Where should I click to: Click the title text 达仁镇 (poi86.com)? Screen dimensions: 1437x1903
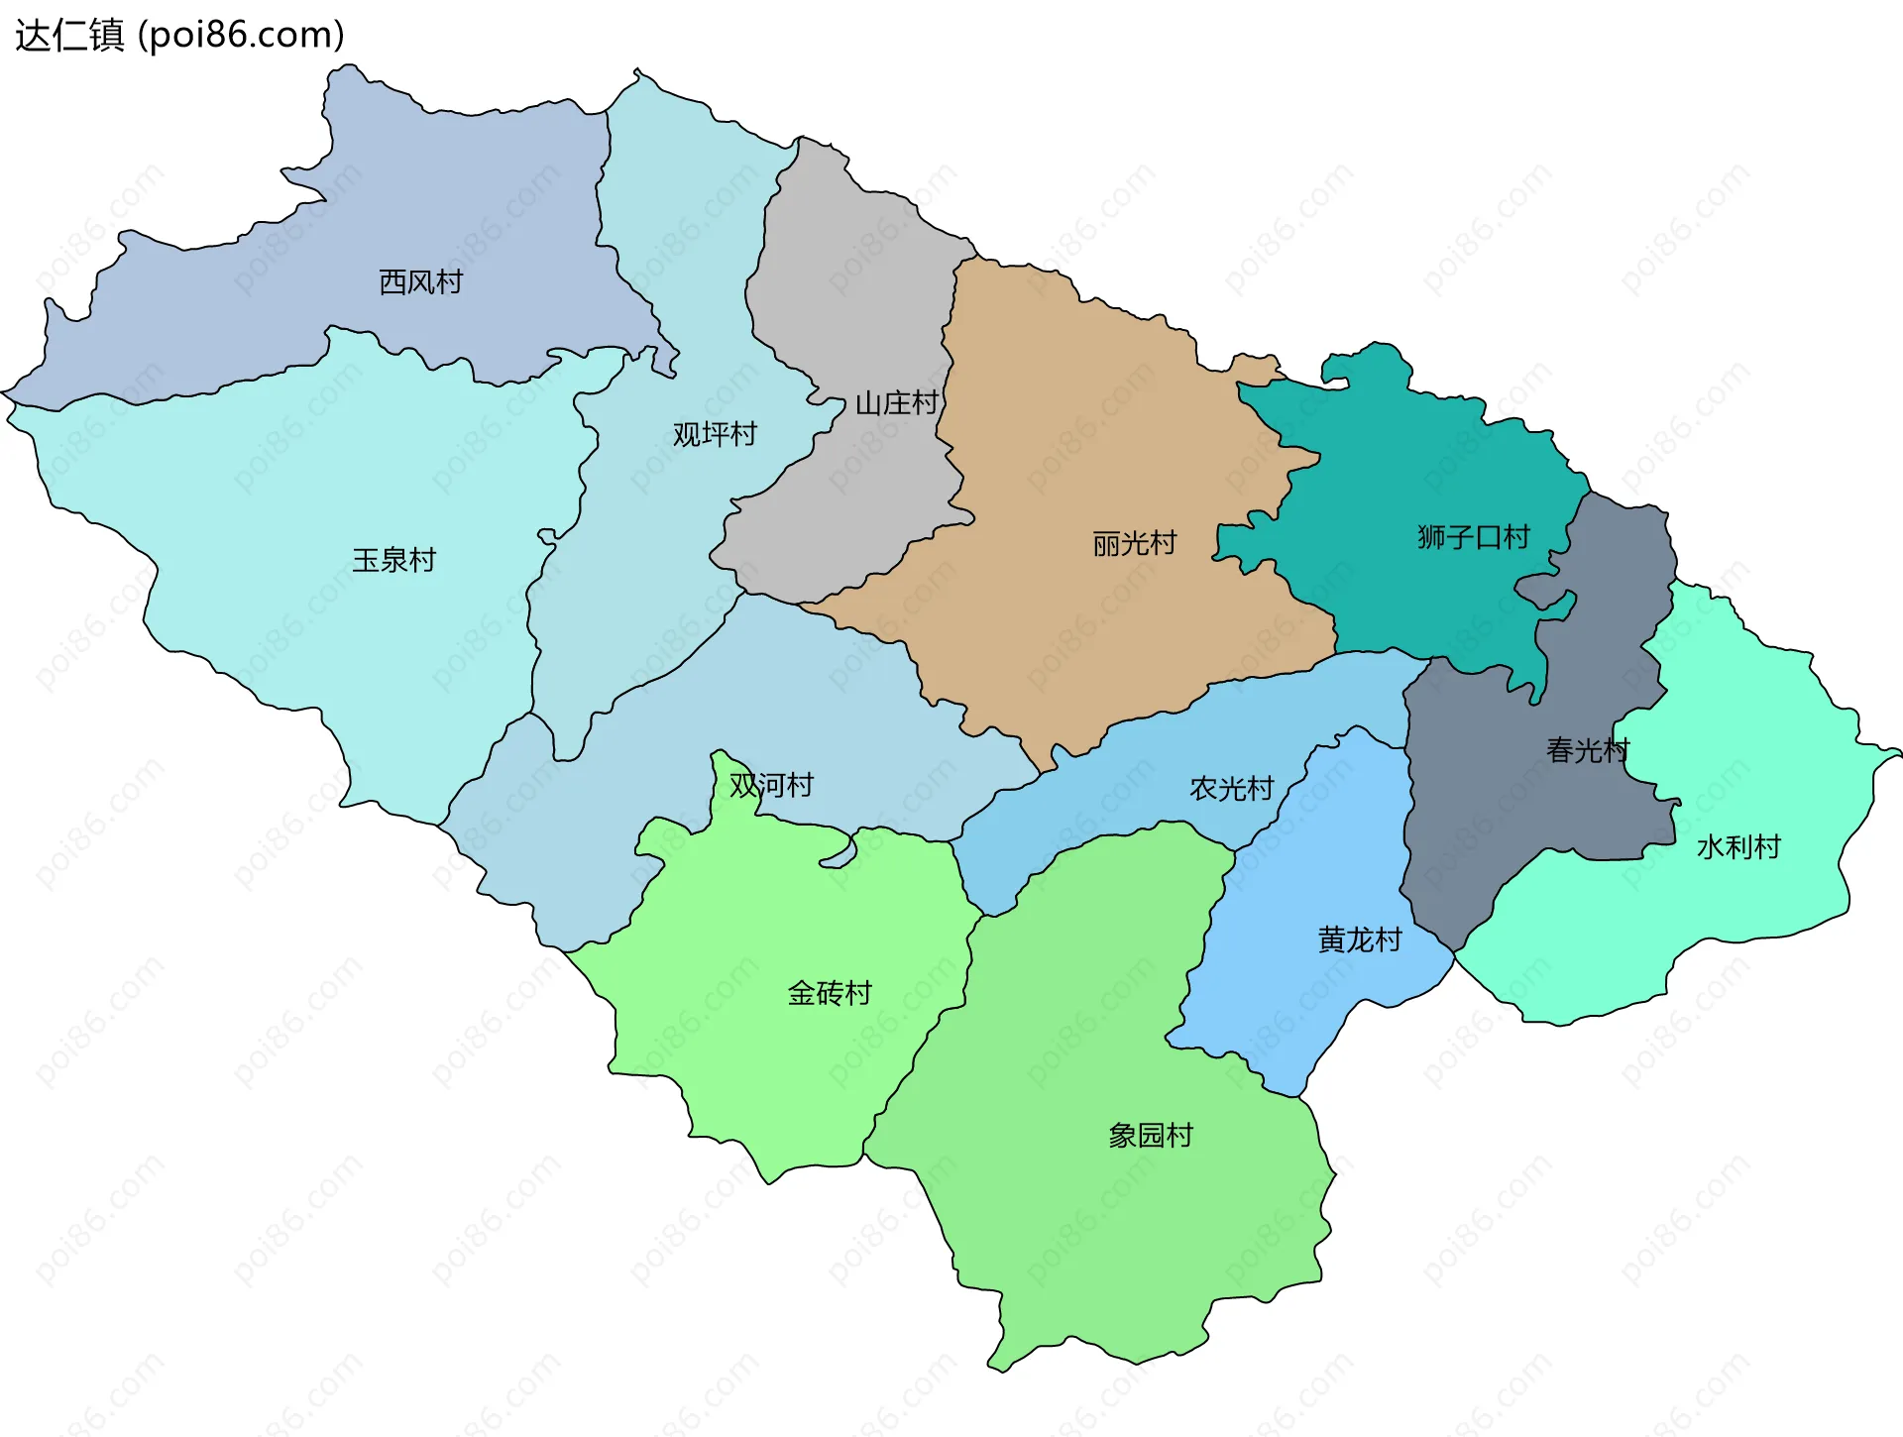tap(179, 35)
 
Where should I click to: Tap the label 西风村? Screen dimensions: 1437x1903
tap(420, 282)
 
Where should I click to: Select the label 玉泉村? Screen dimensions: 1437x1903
tap(393, 561)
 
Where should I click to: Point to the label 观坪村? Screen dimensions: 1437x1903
tap(714, 434)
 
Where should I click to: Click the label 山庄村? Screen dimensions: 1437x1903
tap(896, 403)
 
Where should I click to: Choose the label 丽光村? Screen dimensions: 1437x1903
tap(1134, 544)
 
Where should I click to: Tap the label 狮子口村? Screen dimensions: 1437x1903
tap(1473, 538)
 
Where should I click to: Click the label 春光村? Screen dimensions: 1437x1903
tap(1587, 751)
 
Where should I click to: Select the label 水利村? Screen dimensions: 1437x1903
tap(1738, 847)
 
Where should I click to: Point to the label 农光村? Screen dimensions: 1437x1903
tap(1231, 789)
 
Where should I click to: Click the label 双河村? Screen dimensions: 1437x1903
tap(771, 786)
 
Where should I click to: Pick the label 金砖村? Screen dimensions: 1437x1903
tap(829, 993)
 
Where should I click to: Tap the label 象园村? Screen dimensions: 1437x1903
tap(1150, 1136)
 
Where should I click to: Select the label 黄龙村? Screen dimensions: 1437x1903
tap(1359, 940)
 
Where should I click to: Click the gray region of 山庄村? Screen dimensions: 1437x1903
tap(852, 297)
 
